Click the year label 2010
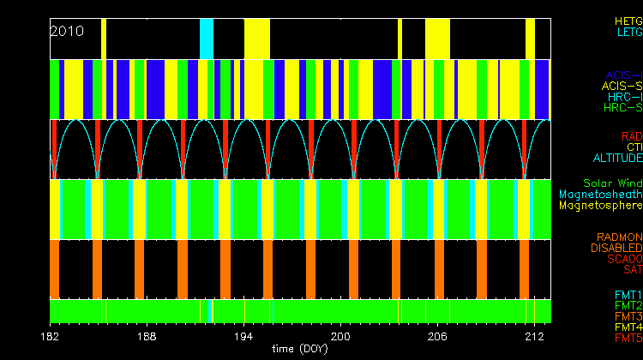[67, 31]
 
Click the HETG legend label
[628, 20]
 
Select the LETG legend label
[628, 32]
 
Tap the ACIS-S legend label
[622, 86]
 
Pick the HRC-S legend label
[622, 108]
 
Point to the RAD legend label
[631, 136]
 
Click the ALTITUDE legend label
[616, 159]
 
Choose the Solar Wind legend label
[612, 183]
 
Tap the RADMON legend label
[620, 237]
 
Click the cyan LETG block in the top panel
[206, 39]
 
